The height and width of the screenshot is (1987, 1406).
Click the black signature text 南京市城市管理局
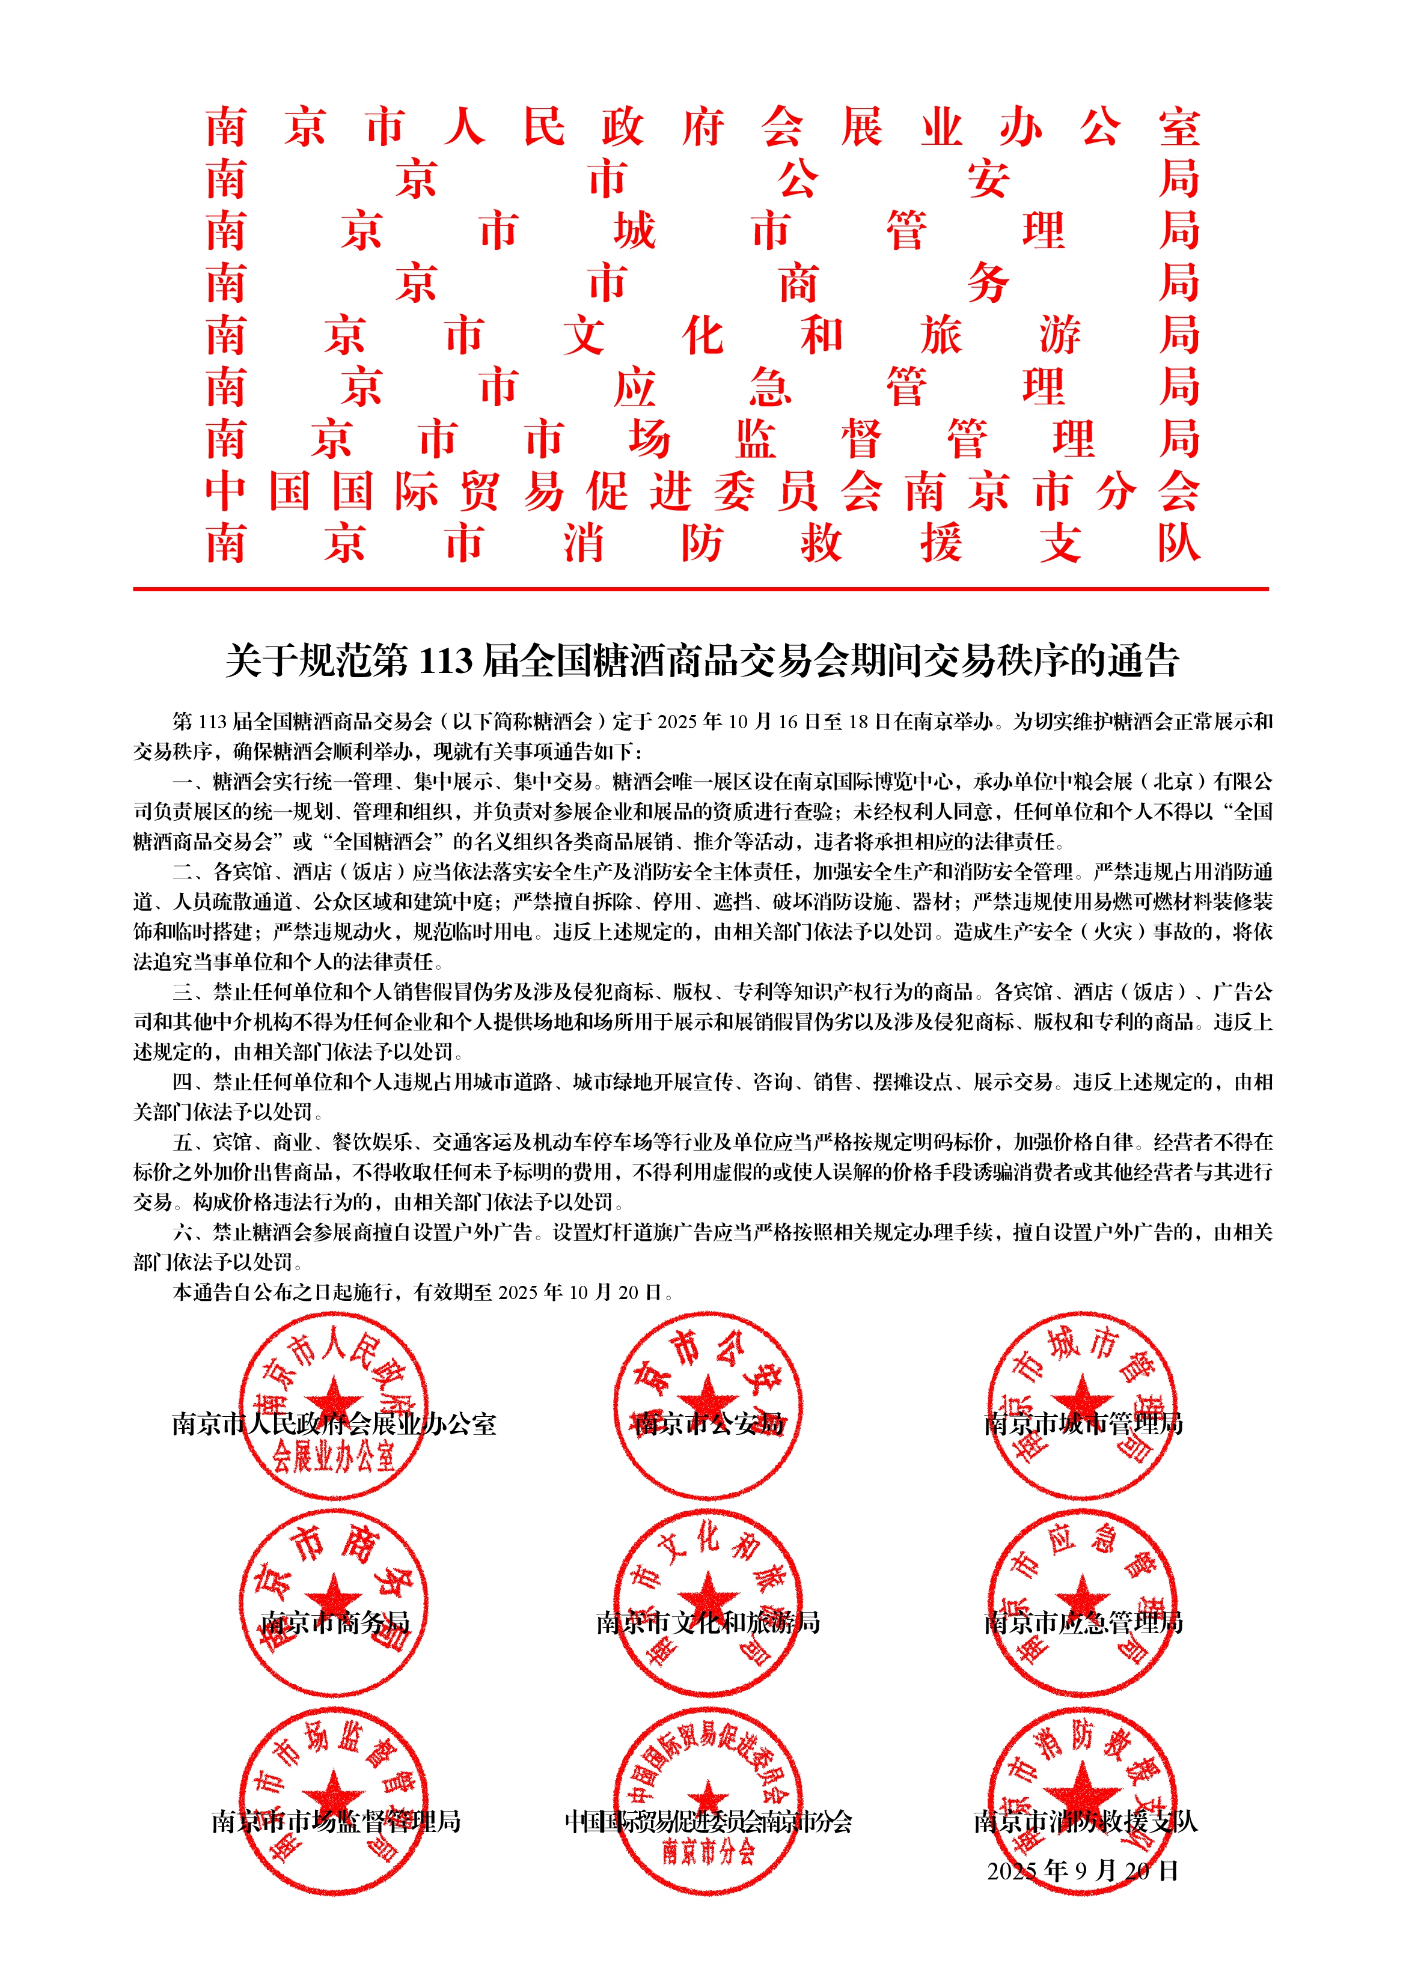(1083, 1423)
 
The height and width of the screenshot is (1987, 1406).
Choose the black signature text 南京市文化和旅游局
(708, 1623)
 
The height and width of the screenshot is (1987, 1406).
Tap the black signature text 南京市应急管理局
(1083, 1623)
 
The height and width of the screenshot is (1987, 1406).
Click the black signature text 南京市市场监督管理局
(335, 1822)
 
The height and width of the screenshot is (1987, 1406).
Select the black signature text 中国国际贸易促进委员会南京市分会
(708, 1822)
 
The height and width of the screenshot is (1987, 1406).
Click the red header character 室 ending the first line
(1179, 128)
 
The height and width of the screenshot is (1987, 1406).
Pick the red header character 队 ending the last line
(1179, 544)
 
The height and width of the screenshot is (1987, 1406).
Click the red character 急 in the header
(769, 388)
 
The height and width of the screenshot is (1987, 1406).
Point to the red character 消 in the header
(584, 544)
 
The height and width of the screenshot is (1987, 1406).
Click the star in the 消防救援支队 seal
(1081, 1795)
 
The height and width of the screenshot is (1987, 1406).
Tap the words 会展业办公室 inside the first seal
(334, 1458)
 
